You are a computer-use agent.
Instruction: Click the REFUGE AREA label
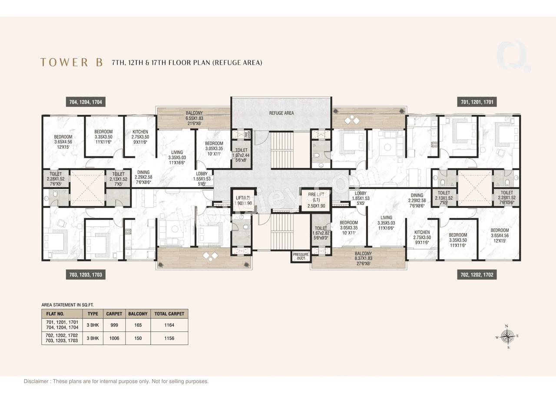[281, 113]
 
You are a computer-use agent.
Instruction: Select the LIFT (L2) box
[243, 201]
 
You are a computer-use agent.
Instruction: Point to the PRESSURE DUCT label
[301, 256]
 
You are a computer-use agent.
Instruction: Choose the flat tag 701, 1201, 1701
[477, 102]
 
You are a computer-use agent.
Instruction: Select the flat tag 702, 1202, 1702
[477, 275]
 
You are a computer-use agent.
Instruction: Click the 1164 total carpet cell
[169, 325]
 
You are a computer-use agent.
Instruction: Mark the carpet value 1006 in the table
[114, 338]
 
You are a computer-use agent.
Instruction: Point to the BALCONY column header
[138, 314]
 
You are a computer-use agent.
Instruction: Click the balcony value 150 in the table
[138, 338]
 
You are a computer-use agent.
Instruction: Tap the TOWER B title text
[72, 63]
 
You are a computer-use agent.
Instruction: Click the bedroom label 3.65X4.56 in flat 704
[63, 142]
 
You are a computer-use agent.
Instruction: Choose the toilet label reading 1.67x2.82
[321, 233]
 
